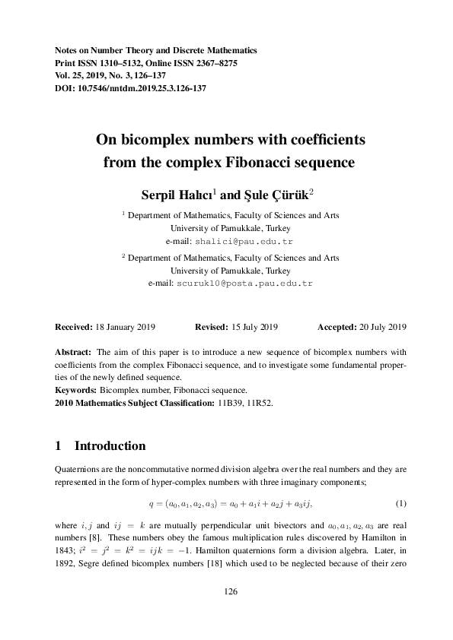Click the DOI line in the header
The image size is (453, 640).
131,88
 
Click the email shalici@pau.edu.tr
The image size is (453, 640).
238,241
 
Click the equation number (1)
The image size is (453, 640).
400,504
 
